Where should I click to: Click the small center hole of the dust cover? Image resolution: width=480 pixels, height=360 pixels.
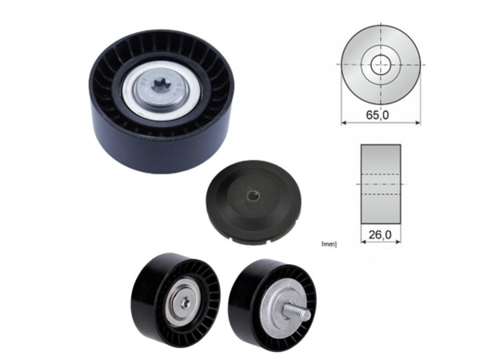click(253, 194)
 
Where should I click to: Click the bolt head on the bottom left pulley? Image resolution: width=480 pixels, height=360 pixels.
click(186, 302)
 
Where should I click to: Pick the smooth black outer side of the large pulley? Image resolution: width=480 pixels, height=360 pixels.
click(160, 148)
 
